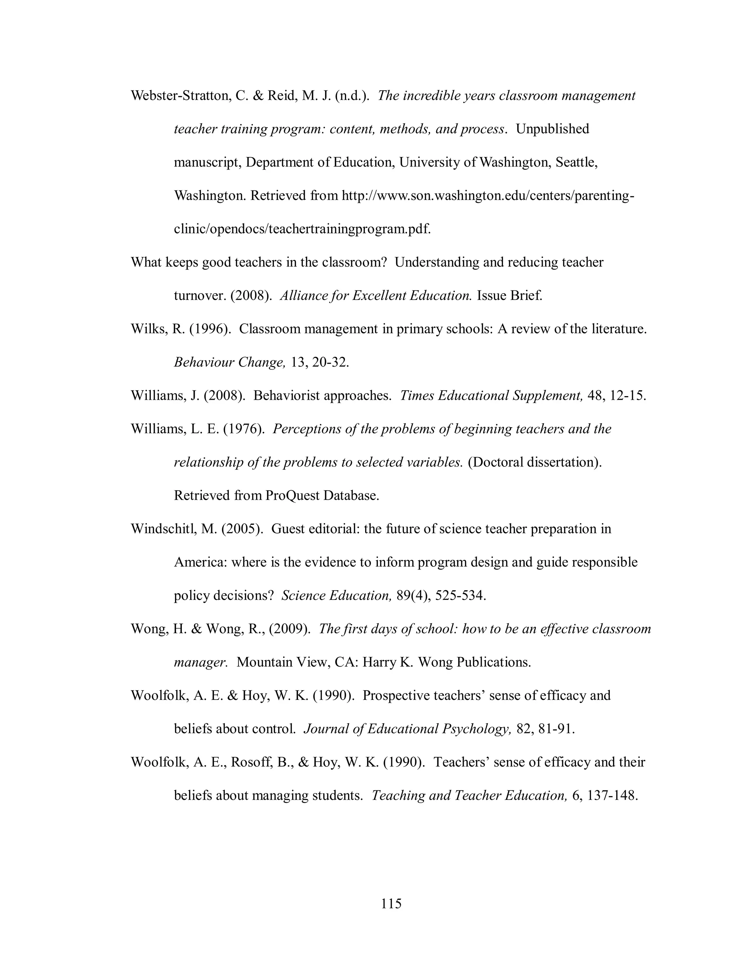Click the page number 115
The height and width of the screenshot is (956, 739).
tap(391, 903)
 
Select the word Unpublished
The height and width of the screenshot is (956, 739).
tap(552, 129)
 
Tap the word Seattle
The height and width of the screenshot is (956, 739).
tap(576, 162)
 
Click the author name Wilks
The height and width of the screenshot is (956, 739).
tap(149, 329)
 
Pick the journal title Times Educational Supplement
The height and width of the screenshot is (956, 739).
tap(491, 395)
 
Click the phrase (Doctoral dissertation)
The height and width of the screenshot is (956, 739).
tap(534, 462)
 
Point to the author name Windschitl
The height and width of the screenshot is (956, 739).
tap(174, 529)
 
